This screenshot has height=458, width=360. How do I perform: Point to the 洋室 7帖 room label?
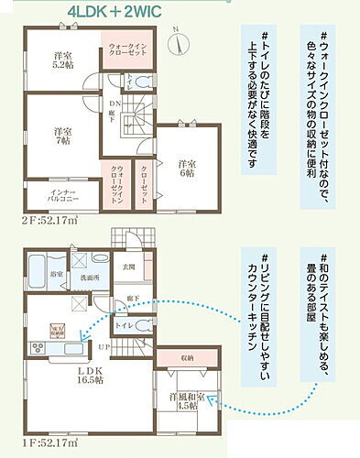coord(63,136)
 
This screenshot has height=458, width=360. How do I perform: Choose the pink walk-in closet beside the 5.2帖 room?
coord(125,49)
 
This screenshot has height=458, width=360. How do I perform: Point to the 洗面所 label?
coord(87,278)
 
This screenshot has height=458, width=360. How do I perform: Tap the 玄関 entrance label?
coord(128,267)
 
